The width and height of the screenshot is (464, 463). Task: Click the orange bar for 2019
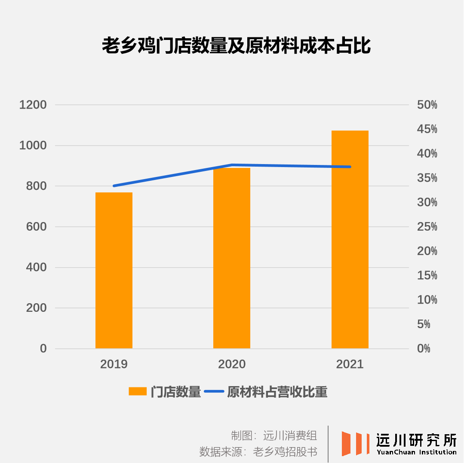(x=114, y=270)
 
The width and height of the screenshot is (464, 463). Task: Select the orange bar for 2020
(x=232, y=258)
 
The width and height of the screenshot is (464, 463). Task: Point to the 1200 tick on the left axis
(x=33, y=105)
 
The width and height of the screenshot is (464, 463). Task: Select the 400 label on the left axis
(x=36, y=267)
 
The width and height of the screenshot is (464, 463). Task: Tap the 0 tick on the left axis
(x=43, y=348)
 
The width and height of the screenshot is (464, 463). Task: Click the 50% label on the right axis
(x=427, y=105)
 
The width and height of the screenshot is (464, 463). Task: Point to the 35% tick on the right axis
(x=427, y=178)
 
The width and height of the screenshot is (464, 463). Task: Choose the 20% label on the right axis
(x=427, y=251)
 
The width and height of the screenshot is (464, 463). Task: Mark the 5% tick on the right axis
(x=424, y=324)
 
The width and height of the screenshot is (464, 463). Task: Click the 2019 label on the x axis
(x=114, y=364)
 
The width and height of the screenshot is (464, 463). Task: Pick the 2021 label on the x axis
(x=350, y=364)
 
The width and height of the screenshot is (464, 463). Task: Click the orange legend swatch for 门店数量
(x=138, y=392)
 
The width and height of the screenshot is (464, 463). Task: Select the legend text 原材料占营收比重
(x=277, y=392)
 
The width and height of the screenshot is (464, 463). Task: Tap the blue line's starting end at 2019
(x=114, y=186)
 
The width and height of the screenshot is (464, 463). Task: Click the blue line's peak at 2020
(x=232, y=165)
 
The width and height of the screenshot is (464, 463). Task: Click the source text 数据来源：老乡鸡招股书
(x=258, y=452)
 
